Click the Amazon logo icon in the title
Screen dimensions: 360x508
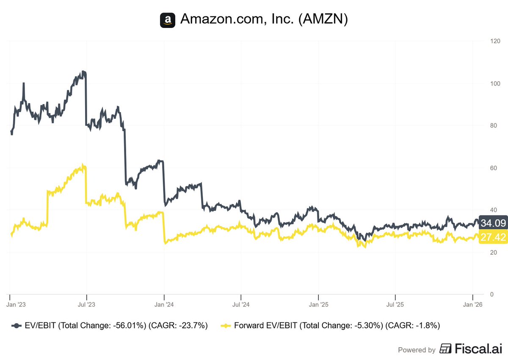168,20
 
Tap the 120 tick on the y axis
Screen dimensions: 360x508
495,41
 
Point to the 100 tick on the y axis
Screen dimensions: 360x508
495,84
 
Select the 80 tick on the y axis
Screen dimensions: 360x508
493,126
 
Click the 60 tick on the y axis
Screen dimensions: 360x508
493,168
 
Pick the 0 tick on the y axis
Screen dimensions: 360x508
491,294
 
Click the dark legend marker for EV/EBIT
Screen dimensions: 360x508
17,326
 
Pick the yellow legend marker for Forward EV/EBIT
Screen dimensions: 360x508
226,326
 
